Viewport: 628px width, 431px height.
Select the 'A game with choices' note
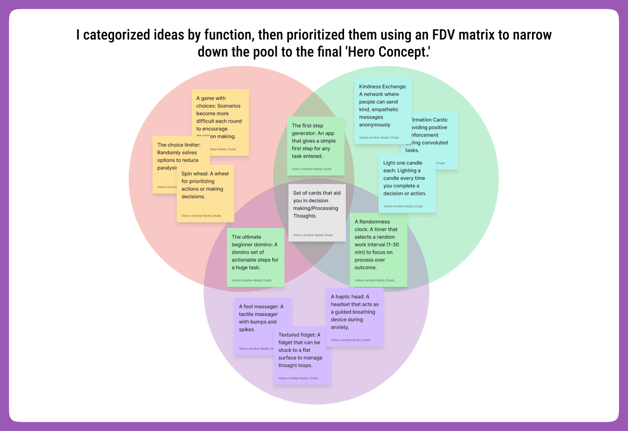220,114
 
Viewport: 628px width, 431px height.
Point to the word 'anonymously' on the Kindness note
375,125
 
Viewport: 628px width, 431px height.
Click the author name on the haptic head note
350,340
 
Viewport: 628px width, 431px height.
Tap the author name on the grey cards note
313,235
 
